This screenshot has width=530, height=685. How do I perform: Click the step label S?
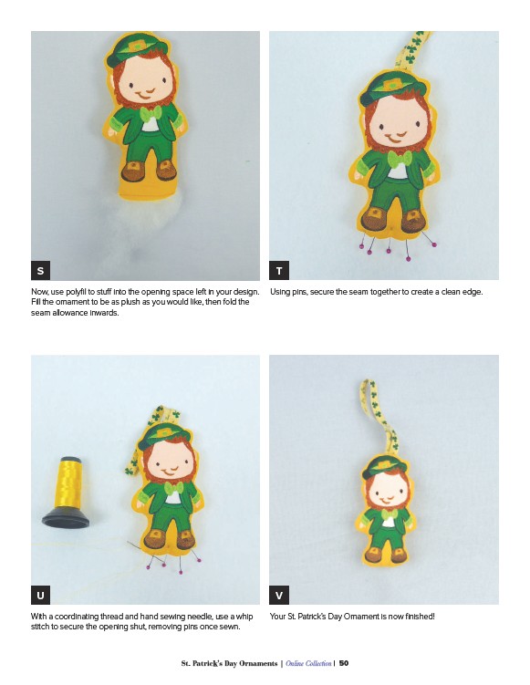coord(40,270)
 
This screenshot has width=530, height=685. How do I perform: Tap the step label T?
coord(279,270)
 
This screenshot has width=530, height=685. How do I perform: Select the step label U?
coord(40,595)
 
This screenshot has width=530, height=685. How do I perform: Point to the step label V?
coord(279,595)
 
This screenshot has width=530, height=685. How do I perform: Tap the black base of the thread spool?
coord(66,518)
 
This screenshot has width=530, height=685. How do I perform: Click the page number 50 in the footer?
coord(344,663)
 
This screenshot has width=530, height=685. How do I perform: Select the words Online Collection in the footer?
coord(308,663)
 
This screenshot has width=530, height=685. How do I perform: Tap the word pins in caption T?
coord(299,292)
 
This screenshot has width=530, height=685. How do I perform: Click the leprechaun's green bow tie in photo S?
coord(151,114)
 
